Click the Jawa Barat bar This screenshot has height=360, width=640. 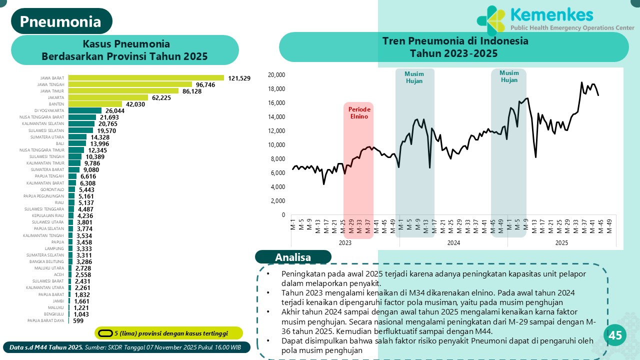coord(146,78)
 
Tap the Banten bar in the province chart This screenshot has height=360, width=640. coord(95,104)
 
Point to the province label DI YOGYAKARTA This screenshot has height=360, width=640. coord(49,110)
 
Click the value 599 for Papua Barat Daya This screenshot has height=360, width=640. coord(78,320)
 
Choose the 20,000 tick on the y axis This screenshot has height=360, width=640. coord(276,75)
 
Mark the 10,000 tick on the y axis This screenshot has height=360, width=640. coord(276,145)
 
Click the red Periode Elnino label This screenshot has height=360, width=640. coord(358,112)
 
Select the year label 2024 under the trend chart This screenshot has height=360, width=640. coord(453,243)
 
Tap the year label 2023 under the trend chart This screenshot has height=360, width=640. coord(345,243)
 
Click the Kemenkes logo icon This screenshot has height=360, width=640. coord(491,20)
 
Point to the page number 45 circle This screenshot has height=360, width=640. coord(615,335)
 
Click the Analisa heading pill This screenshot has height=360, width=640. coord(293,257)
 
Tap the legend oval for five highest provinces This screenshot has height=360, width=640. coord(105,333)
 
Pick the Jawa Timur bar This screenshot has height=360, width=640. coord(123,91)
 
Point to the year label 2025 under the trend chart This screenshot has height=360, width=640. coord(562,243)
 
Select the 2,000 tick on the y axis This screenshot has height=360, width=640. coord(277,201)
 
